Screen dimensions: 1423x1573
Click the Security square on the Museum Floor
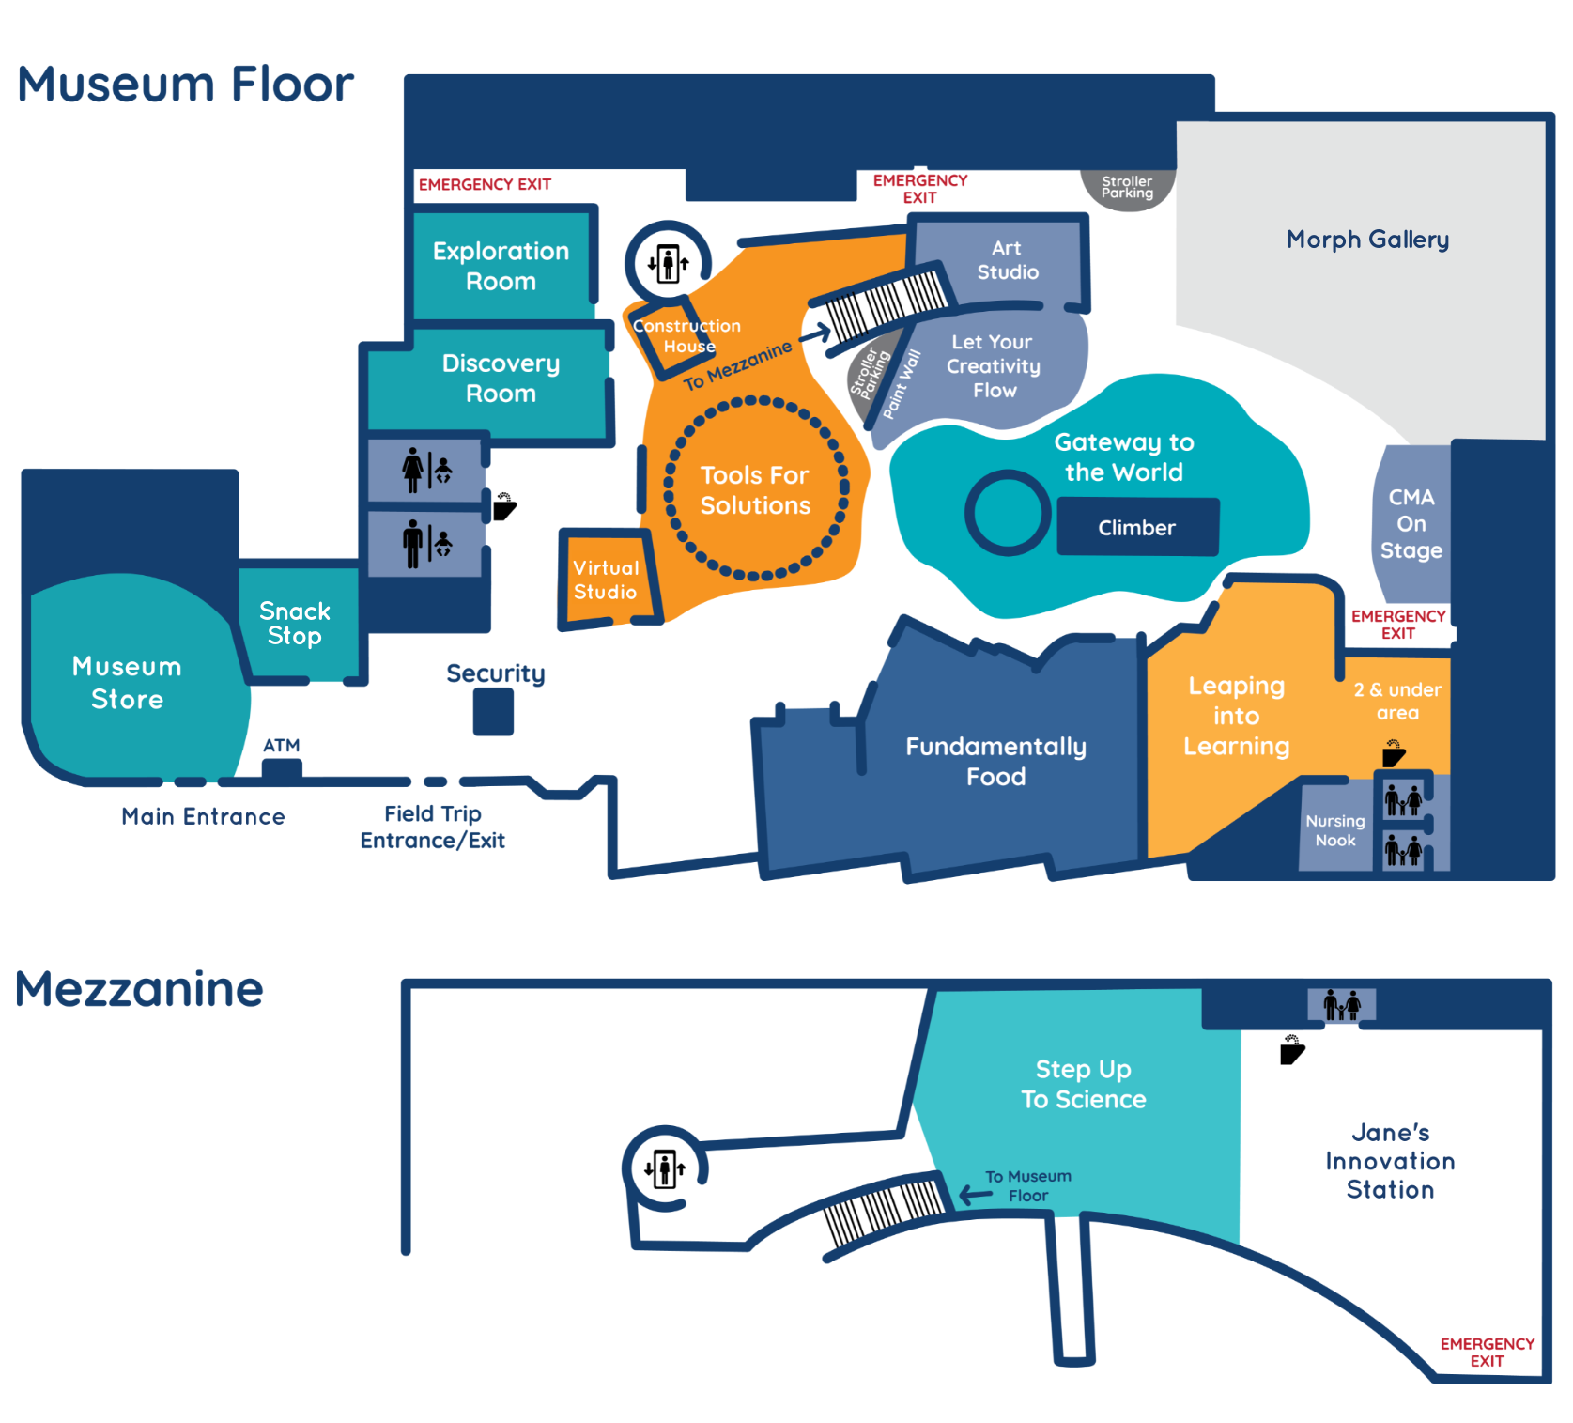[493, 711]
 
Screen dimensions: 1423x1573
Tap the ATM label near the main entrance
[281, 746]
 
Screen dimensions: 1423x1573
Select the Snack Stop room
[296, 623]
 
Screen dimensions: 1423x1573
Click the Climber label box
[1137, 528]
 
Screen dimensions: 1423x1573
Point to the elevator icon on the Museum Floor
[668, 264]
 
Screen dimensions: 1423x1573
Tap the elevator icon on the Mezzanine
[665, 1169]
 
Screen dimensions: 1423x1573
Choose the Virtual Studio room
[606, 580]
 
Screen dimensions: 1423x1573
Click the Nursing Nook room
[1334, 830]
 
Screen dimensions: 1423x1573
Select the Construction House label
[686, 335]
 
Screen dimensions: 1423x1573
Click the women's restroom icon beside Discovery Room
[414, 470]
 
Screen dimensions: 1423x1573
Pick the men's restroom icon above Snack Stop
[414, 544]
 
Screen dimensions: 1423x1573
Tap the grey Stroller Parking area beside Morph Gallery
[1127, 188]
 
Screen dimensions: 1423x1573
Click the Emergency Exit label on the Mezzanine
[1487, 1353]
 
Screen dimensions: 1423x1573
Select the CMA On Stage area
[1411, 524]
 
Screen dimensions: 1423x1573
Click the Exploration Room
[501, 266]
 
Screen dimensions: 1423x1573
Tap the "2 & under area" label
[1397, 701]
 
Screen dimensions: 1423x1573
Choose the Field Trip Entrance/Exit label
[433, 827]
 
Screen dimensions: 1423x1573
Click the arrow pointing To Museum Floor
[975, 1195]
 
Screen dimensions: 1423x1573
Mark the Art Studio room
[1008, 260]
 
